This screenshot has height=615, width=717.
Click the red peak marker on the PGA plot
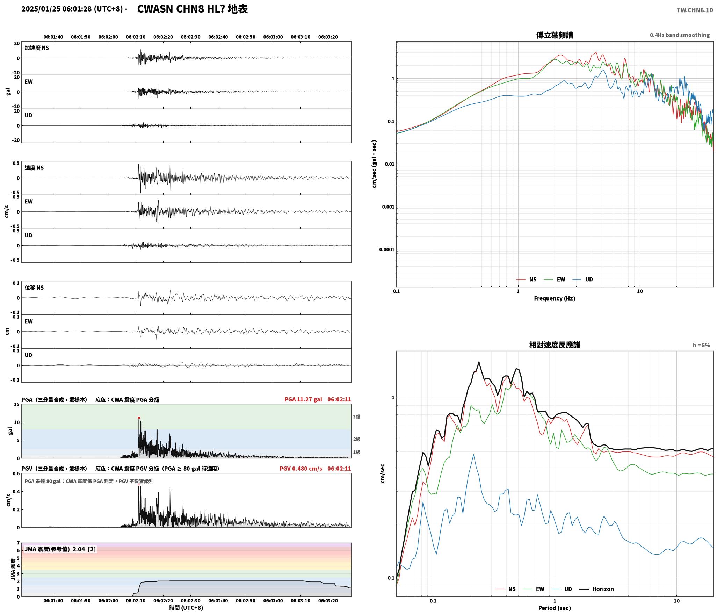139,418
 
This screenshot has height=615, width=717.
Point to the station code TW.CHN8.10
695,10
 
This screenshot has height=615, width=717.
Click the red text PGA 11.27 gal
303,399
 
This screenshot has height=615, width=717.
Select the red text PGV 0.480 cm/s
301,468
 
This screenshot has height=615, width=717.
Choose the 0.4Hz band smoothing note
680,35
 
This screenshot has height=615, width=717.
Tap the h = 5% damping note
702,345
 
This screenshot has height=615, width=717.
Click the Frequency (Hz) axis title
555,298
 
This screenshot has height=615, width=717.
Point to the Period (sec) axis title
555,608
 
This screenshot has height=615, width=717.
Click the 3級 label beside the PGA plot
356,417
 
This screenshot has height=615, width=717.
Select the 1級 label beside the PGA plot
356,452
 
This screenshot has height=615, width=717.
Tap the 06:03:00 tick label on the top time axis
273,37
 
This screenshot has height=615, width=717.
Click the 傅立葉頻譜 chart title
555,35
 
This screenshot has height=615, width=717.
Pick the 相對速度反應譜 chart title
555,345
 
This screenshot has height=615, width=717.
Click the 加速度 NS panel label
37,48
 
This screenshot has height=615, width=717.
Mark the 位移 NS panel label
34,288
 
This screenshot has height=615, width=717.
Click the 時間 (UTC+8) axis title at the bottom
186,607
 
